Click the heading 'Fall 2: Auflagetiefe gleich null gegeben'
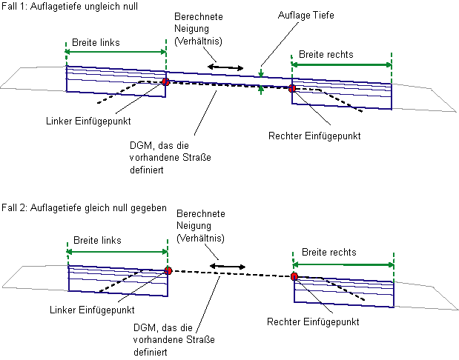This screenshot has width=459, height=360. [83, 209]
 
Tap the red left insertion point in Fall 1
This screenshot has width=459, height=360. [165, 82]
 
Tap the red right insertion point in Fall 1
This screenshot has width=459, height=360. [292, 89]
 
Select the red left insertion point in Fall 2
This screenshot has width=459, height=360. [168, 271]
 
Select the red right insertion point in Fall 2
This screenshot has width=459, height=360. [294, 276]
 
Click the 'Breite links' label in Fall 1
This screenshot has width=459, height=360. [96, 42]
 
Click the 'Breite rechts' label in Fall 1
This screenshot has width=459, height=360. [326, 55]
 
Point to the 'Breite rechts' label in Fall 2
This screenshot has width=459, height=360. [329, 252]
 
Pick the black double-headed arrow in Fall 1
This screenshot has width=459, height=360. [225, 68]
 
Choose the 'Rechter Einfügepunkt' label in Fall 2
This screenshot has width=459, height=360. [312, 322]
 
